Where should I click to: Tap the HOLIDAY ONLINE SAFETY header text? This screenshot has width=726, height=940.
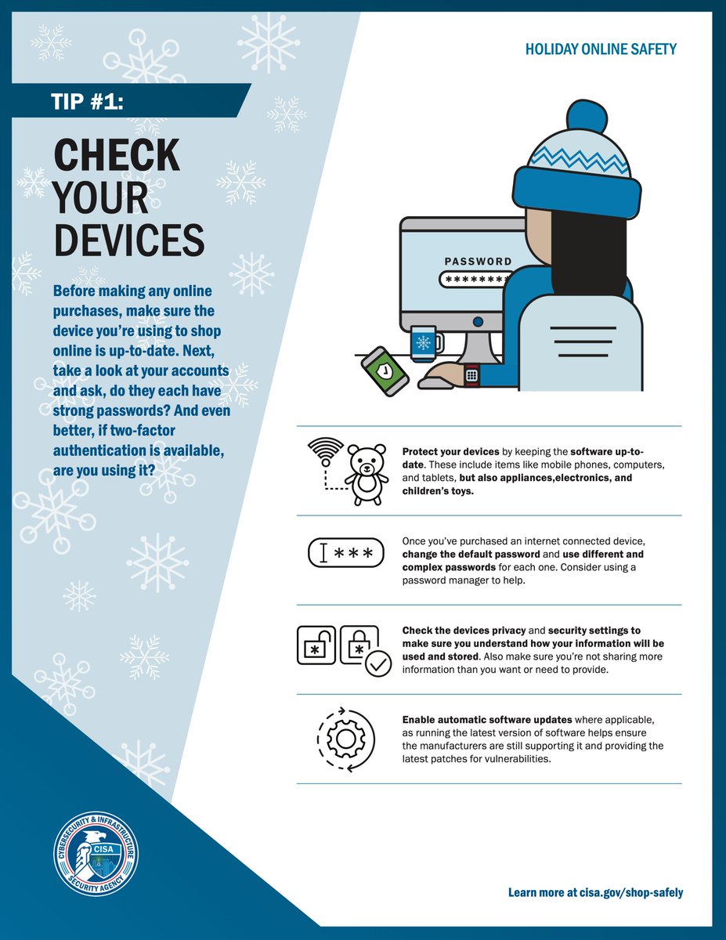pyautogui.click(x=601, y=49)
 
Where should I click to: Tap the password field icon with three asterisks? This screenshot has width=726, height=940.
pyautogui.click(x=346, y=555)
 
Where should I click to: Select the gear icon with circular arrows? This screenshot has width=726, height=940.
pyautogui.click(x=346, y=739)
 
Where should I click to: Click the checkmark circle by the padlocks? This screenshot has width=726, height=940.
pyautogui.click(x=378, y=665)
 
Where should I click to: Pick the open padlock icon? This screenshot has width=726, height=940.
pyautogui.click(x=316, y=645)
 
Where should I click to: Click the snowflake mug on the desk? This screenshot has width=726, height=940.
pyautogui.click(x=424, y=342)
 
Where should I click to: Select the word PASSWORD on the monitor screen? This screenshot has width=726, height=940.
pyautogui.click(x=478, y=262)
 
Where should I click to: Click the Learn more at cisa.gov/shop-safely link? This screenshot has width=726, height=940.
pyautogui.click(x=595, y=892)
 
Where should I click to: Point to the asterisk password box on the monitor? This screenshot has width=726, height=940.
pyautogui.click(x=476, y=279)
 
